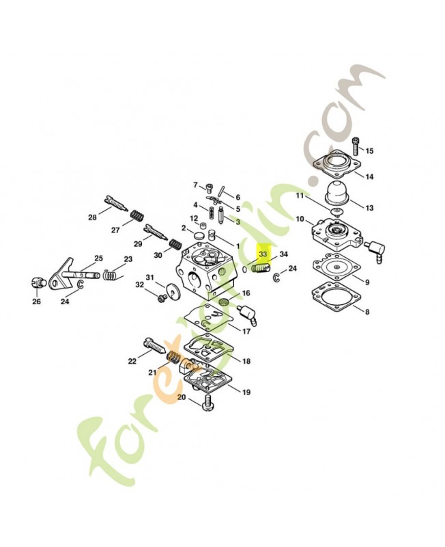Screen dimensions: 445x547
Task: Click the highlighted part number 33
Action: pyautogui.click(x=263, y=254)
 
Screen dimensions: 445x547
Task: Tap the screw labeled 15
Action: pyautogui.click(x=356, y=146)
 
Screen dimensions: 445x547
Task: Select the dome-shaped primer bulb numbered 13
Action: pyautogui.click(x=337, y=193)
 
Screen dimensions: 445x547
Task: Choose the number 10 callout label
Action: pyautogui.click(x=300, y=219)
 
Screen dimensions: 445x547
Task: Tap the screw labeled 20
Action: pyautogui.click(x=208, y=403)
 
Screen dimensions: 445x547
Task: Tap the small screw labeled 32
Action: pyautogui.click(x=161, y=298)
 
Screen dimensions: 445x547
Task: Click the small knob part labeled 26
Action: pyautogui.click(x=38, y=282)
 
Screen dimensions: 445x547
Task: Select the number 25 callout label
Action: pyautogui.click(x=99, y=258)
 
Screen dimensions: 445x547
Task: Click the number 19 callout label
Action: pyautogui.click(x=246, y=392)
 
